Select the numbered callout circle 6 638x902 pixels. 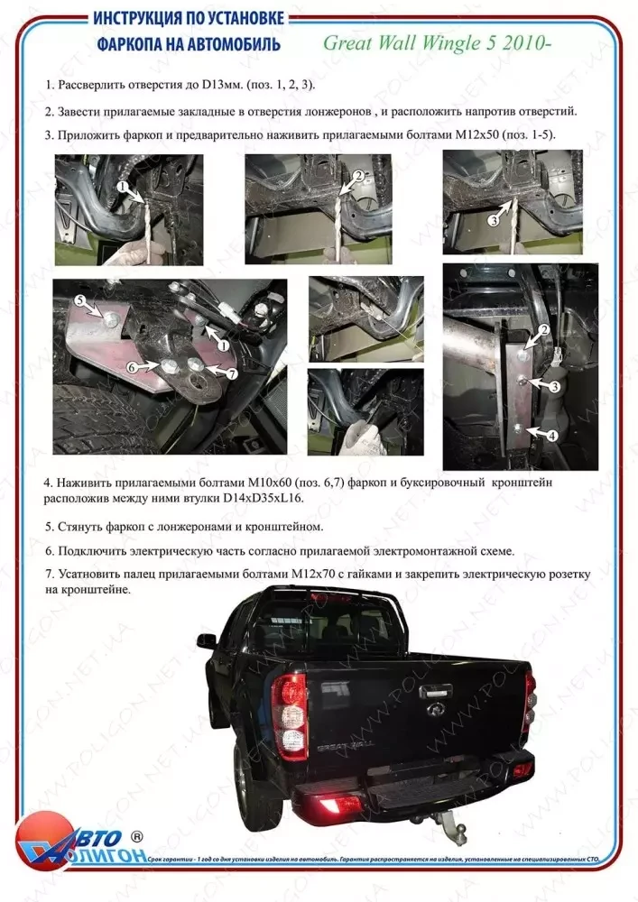(x=132, y=368)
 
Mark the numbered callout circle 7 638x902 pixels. (x=231, y=372)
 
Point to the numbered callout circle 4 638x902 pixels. (x=551, y=435)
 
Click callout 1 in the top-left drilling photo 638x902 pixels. (x=120, y=186)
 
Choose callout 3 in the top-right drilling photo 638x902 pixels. (x=494, y=219)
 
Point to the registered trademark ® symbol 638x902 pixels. (x=137, y=836)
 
